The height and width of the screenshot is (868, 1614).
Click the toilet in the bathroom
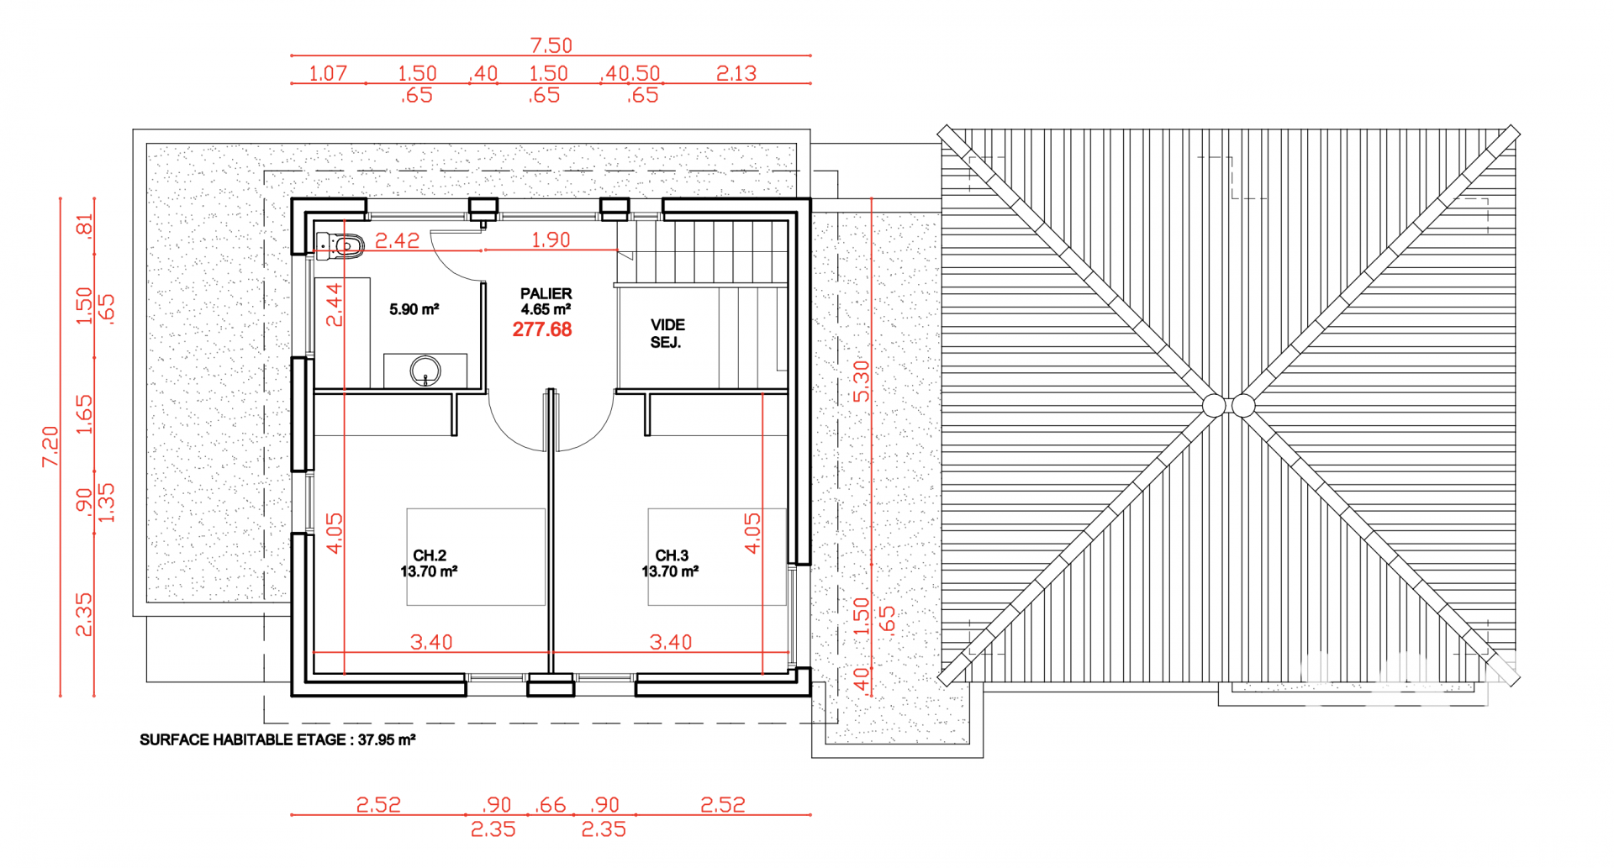pyautogui.click(x=340, y=245)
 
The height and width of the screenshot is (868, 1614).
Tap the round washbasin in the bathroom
pyautogui.click(x=425, y=370)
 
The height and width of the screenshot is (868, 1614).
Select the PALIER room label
pyautogui.click(x=546, y=293)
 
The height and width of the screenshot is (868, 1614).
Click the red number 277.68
pyautogui.click(x=542, y=329)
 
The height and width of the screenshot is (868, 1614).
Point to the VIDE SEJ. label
pyautogui.click(x=667, y=334)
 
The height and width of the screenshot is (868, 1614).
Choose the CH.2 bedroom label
pyautogui.click(x=430, y=555)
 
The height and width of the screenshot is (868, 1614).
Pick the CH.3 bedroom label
pyautogui.click(x=672, y=555)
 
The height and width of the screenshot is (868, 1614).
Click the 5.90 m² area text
pyautogui.click(x=414, y=309)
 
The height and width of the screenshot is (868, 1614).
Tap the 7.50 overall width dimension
pyautogui.click(x=551, y=45)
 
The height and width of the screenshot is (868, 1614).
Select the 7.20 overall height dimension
pyautogui.click(x=50, y=446)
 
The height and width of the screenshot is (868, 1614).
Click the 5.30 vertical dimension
pyautogui.click(x=862, y=381)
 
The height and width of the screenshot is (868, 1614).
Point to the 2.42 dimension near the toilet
pyautogui.click(x=397, y=241)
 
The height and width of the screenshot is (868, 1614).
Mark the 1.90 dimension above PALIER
pyautogui.click(x=551, y=240)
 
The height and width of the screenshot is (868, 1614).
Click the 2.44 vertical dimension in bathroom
pyautogui.click(x=335, y=304)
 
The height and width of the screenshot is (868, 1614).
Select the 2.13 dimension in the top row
pyautogui.click(x=736, y=74)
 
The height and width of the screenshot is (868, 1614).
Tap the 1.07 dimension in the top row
pyautogui.click(x=328, y=74)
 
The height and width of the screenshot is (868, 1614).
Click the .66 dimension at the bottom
pyautogui.click(x=551, y=805)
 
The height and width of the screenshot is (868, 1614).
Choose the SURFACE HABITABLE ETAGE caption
pyautogui.click(x=277, y=740)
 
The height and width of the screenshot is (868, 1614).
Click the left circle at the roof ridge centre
pyautogui.click(x=1214, y=406)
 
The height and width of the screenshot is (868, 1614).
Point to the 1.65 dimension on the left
pyautogui.click(x=85, y=414)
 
